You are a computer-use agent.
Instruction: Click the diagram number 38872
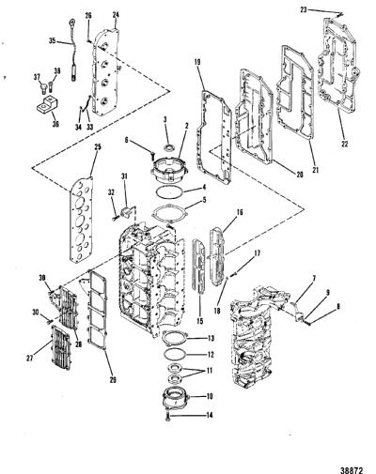[352, 462]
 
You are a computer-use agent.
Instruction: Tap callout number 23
[304, 9]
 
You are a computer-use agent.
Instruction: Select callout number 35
[53, 40]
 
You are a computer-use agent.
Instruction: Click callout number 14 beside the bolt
[210, 415]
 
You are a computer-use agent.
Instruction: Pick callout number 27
[30, 359]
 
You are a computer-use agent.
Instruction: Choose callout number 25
[98, 147]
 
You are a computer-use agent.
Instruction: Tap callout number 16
[240, 212]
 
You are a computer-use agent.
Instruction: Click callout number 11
[209, 371]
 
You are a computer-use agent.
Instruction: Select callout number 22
[344, 144]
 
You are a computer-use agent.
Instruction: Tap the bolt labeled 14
[168, 417]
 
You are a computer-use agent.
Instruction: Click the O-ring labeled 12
[175, 355]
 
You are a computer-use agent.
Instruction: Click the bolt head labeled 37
[43, 86]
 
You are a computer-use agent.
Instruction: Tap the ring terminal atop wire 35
[72, 22]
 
